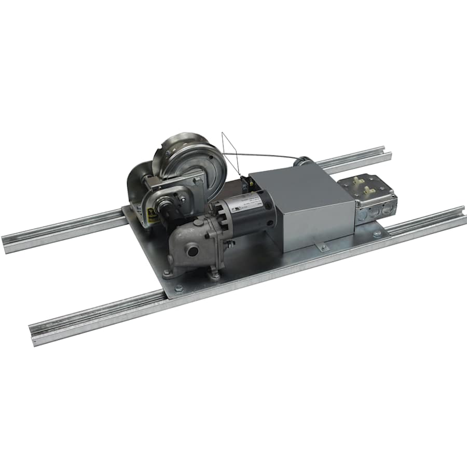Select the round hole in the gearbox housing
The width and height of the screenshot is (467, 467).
click(x=193, y=251)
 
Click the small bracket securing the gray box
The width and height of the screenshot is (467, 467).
click(x=322, y=248)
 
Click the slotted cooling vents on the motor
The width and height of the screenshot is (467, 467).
click(x=217, y=213)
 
